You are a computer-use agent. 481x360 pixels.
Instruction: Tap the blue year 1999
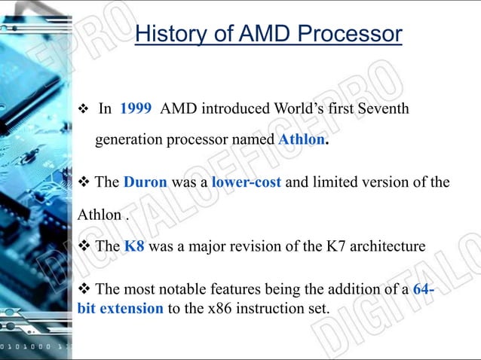pyautogui.click(x=136, y=108)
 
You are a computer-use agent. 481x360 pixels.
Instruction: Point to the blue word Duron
pyautogui.click(x=146, y=182)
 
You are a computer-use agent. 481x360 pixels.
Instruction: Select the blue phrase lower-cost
pyautogui.click(x=246, y=182)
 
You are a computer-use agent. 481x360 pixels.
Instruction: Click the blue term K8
pyautogui.click(x=134, y=246)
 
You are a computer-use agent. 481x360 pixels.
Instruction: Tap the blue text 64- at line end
pyautogui.click(x=424, y=289)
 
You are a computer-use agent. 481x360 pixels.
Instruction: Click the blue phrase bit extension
pyautogui.click(x=120, y=309)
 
